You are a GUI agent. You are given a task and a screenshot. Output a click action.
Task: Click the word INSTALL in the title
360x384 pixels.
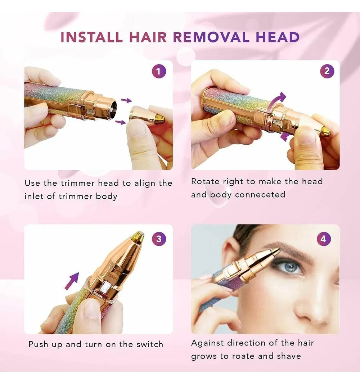(x=91, y=37)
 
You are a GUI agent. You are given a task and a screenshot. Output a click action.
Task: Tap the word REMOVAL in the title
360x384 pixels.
(x=211, y=37)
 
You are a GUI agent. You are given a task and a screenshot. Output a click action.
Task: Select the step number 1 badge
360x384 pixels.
(x=159, y=71)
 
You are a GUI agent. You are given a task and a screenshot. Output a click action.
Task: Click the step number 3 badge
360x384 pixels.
(x=159, y=239)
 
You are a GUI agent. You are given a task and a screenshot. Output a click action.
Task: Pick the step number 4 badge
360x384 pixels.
(x=324, y=239)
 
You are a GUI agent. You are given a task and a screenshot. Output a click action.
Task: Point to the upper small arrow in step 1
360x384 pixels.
(x=126, y=100)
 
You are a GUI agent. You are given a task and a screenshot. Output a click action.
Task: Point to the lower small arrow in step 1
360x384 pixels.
(x=121, y=122)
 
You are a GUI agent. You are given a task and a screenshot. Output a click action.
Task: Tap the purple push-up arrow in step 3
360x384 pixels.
(x=72, y=281)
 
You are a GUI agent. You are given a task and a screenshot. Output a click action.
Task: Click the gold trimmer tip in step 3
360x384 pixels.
(x=138, y=237)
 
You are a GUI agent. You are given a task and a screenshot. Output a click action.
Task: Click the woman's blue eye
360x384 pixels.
(x=291, y=267)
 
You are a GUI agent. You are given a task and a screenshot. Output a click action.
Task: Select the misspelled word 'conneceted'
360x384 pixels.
(x=260, y=194)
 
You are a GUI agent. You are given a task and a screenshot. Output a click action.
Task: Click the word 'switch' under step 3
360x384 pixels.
(x=150, y=344)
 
